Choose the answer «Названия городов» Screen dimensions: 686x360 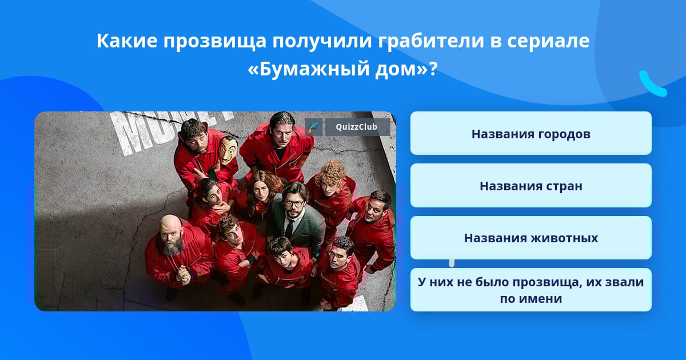pos(531,134)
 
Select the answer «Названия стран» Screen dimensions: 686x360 pos(531,186)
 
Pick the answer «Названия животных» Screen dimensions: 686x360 pos(531,238)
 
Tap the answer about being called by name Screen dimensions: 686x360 pos(531,290)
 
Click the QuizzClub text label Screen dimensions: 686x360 pos(357,127)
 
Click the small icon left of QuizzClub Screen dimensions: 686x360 pos(314,127)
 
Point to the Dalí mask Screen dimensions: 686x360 pos(228,150)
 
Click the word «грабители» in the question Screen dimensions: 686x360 pos(430,41)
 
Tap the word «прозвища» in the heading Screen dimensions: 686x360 pos(214,41)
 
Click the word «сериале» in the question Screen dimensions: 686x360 pos(548,41)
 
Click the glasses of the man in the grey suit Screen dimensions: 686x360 pos(293,203)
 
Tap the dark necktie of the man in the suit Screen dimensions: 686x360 pos(289,229)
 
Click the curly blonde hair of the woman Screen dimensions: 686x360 pos(332,173)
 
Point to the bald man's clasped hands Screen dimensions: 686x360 pos(183,275)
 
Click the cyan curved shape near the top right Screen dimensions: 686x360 pos(652,85)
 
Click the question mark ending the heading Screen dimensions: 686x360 pos(433,69)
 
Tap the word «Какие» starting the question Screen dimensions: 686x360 pos(127,41)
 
